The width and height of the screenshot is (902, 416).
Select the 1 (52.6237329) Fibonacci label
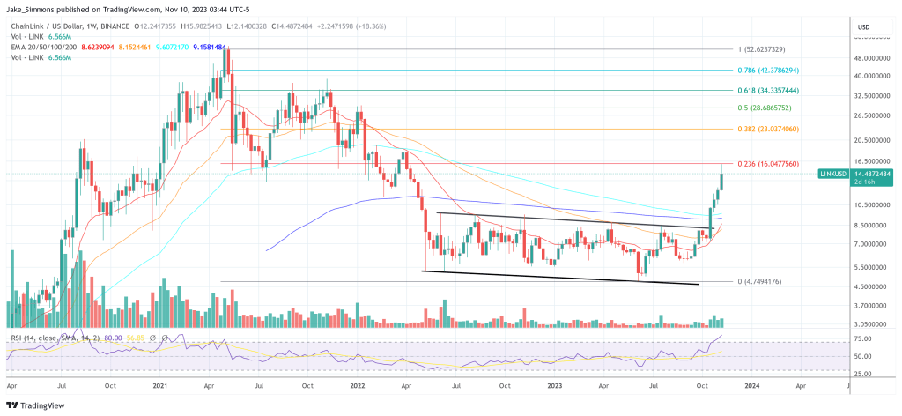pos(761,49)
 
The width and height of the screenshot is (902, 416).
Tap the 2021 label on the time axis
pos(160,385)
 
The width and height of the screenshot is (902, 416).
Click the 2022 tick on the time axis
pos(357,385)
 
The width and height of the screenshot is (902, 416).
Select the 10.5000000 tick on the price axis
pos(873,204)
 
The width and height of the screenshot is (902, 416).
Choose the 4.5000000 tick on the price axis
pos(873,286)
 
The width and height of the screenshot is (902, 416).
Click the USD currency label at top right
pos(863,27)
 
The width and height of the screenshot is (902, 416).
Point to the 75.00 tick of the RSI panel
pos(864,338)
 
